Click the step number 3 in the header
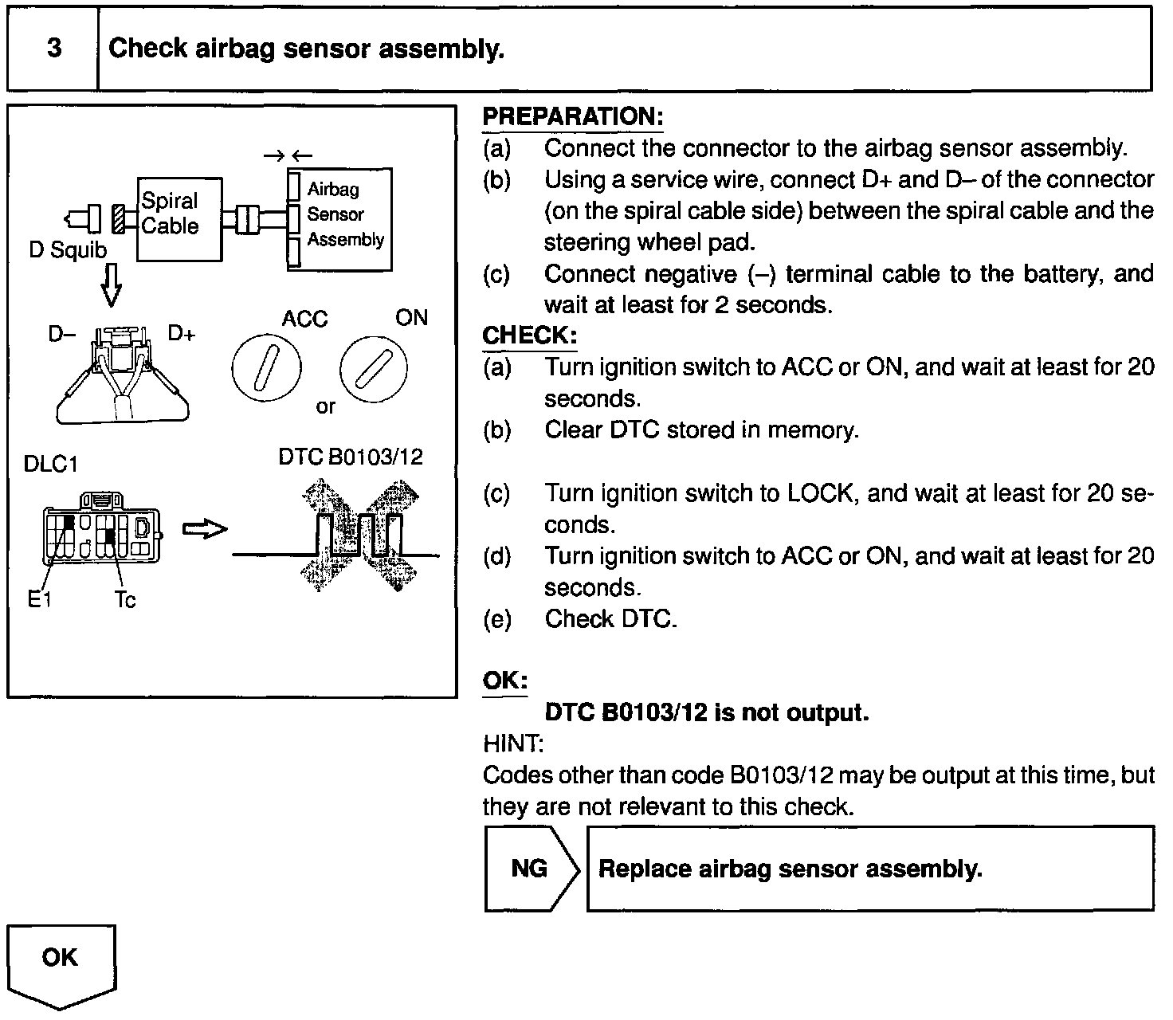coord(53,49)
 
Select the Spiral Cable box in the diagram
coord(179,218)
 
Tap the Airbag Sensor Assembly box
coord(340,218)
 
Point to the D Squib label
coord(67,250)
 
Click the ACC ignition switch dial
coord(266,369)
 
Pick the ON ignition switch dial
coord(373,370)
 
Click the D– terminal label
coord(61,334)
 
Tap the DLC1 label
coord(51,464)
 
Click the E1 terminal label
coord(38,599)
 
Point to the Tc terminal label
coord(125,599)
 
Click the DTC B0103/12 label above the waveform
coord(351,457)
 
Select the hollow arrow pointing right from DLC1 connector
coord(205,530)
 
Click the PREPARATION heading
coord(573,116)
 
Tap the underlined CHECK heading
coord(529,335)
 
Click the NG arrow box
coord(531,868)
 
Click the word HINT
coord(513,744)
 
